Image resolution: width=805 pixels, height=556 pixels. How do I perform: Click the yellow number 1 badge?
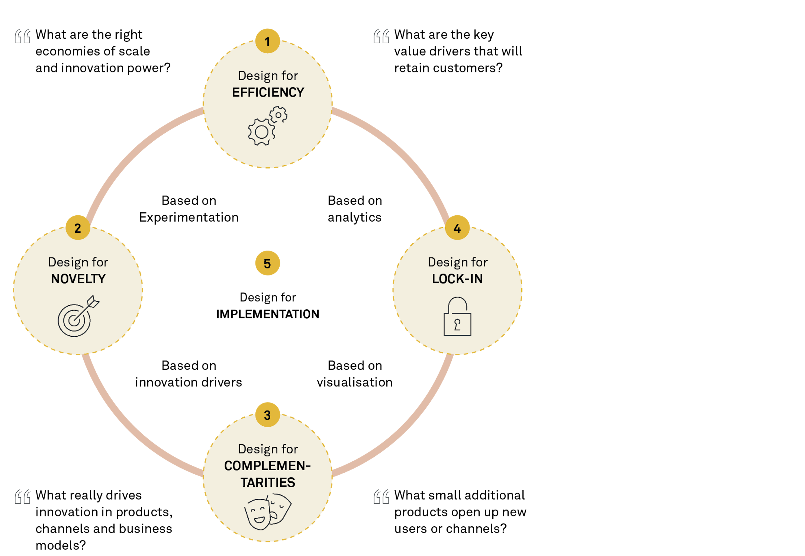pos(268,41)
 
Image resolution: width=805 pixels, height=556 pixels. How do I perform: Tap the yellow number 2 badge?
pos(78,227)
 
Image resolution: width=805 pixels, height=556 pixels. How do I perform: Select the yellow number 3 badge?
pos(268,415)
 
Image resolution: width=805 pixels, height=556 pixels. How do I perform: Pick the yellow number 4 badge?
pos(457,227)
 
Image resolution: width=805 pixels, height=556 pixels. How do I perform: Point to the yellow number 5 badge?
pos(268,263)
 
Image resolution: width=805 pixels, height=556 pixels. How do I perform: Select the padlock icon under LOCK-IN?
pos(457,316)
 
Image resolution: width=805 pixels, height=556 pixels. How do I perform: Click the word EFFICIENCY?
pos(268,92)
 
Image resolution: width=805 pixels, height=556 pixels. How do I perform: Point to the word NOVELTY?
pos(78,279)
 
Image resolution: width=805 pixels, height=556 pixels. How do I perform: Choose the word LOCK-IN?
pos(457,279)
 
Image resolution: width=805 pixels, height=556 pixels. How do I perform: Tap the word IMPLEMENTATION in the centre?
pos(268,314)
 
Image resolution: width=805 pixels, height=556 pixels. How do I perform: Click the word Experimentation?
pos(189,218)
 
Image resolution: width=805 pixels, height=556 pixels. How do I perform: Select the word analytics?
pos(355,218)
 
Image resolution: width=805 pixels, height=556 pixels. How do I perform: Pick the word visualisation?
pos(354,382)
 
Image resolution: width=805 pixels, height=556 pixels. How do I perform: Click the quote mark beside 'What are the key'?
pos(381,36)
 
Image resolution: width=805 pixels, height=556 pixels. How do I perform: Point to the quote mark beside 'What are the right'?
pos(22,36)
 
